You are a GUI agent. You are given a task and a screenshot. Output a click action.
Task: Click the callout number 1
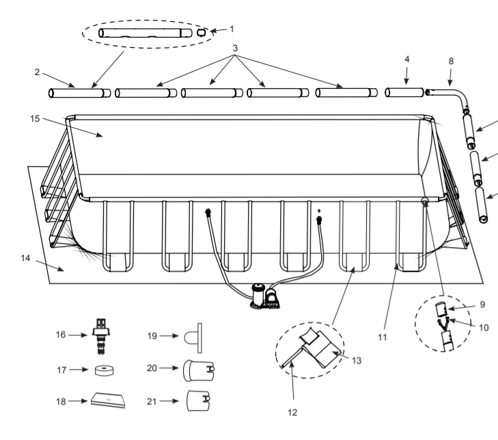click(231, 29)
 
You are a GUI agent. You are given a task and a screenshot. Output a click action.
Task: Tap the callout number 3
click(235, 49)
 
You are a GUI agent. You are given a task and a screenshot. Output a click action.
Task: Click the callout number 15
click(36, 118)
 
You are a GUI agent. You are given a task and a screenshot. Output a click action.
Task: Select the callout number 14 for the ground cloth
click(26, 258)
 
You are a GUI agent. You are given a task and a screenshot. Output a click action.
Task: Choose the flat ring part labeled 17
click(105, 370)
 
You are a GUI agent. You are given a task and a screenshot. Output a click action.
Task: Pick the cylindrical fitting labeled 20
click(195, 369)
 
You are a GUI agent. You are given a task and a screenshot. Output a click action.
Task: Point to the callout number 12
click(292, 412)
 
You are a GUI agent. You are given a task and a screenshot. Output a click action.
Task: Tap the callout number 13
click(355, 360)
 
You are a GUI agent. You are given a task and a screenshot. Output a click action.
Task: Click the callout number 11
click(382, 336)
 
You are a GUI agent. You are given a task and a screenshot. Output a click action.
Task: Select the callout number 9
click(482, 304)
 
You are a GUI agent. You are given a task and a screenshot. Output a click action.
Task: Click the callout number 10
click(484, 327)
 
